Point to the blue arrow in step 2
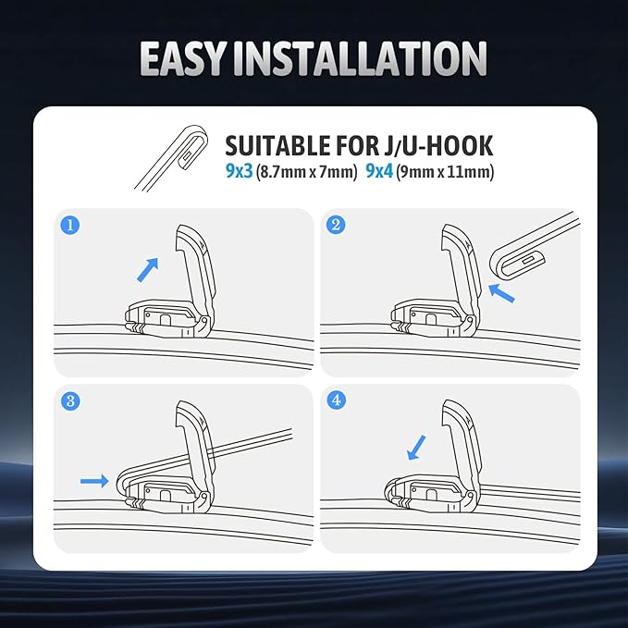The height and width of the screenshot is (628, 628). pyautogui.click(x=501, y=295)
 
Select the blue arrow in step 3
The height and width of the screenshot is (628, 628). pyautogui.click(x=92, y=480)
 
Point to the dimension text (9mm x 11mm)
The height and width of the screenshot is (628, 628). pyautogui.click(x=445, y=171)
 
